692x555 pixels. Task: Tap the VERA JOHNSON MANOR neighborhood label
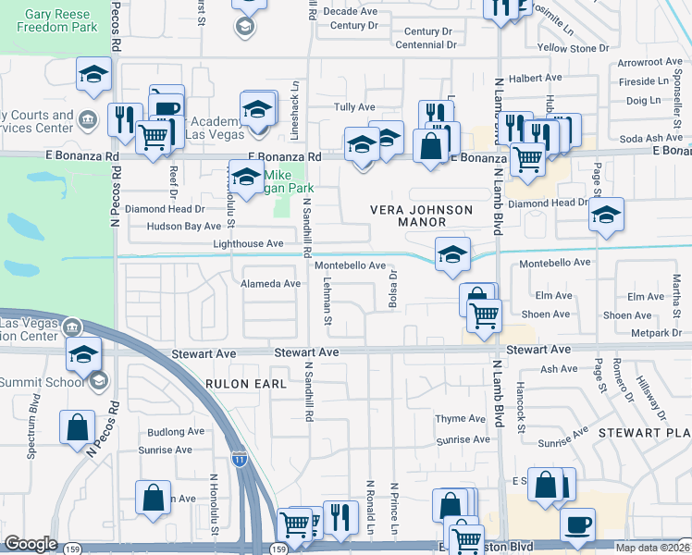tap(421, 216)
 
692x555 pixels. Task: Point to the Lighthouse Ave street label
tap(248, 243)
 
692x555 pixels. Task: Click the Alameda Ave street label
tap(271, 284)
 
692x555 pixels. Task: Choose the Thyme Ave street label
tap(461, 419)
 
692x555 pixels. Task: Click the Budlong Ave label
tap(176, 432)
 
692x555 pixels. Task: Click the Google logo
tap(31, 544)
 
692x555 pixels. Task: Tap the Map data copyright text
tap(651, 548)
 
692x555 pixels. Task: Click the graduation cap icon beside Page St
tap(606, 216)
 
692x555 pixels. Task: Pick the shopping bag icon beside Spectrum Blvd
tap(78, 426)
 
